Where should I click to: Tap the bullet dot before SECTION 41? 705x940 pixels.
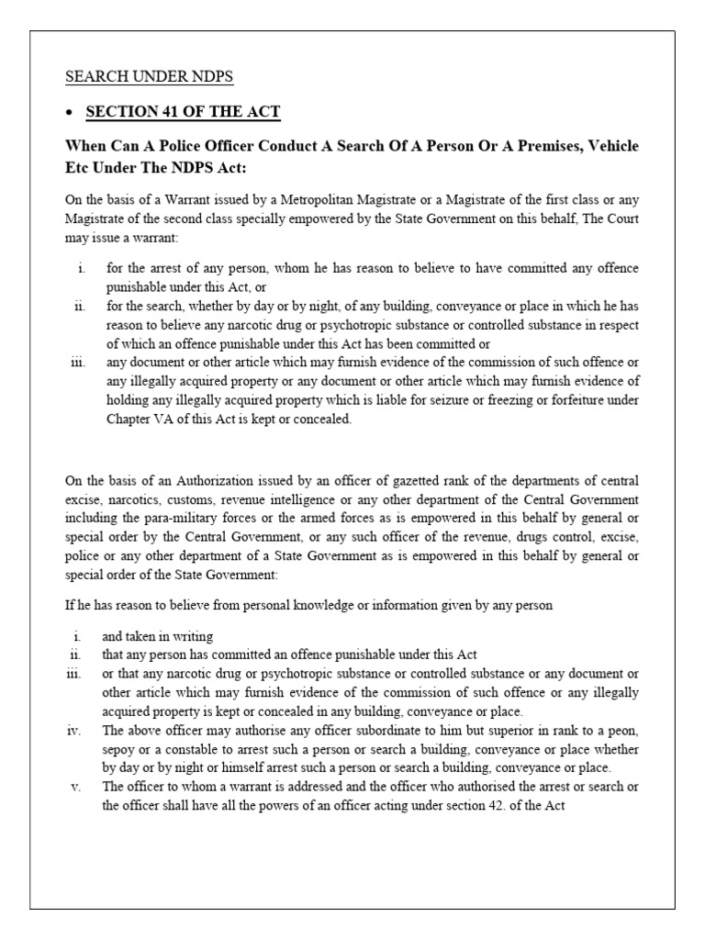coord(70,113)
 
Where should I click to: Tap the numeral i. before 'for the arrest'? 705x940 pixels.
coord(81,267)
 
